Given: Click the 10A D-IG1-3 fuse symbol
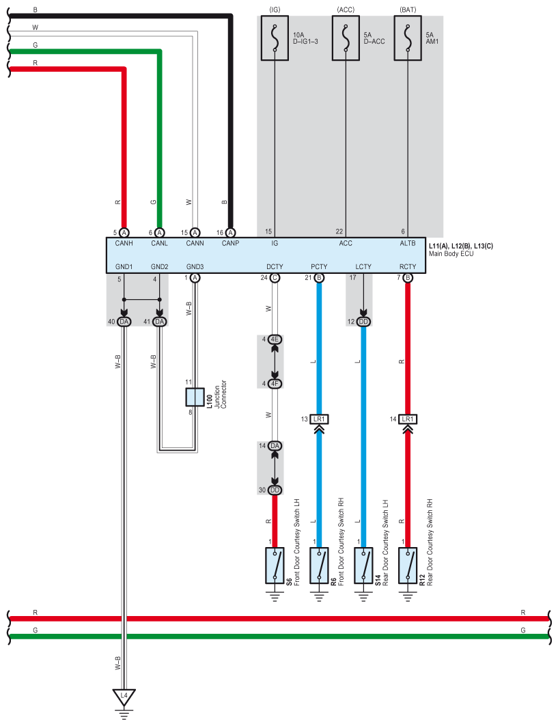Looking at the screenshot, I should (x=275, y=38).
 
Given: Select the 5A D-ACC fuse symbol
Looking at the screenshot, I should (x=346, y=38).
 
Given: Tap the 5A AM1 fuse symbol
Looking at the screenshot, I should (x=408, y=38).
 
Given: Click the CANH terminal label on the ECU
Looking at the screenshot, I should (x=124, y=242).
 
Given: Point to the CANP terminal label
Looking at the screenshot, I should (x=230, y=242).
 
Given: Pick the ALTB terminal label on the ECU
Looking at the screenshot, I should (x=408, y=242).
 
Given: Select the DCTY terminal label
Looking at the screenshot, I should (x=275, y=267).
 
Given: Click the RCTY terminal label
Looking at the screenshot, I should (x=408, y=267).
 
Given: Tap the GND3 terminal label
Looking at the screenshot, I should (x=195, y=267).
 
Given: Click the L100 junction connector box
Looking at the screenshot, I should (x=195, y=397).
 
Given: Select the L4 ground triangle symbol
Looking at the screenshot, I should (x=124, y=697).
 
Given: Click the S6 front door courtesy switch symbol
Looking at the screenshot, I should (x=275, y=565).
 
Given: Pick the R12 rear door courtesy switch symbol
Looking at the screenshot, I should (x=408, y=565).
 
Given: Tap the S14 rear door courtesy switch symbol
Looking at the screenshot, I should (x=363, y=565).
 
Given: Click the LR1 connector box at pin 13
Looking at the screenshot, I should (x=319, y=419).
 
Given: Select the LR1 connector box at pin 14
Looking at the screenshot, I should (x=408, y=419).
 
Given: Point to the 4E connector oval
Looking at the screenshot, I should (x=275, y=339).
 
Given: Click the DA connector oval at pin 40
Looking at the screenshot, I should (x=124, y=322).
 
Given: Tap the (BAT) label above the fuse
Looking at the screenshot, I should (x=408, y=10).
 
